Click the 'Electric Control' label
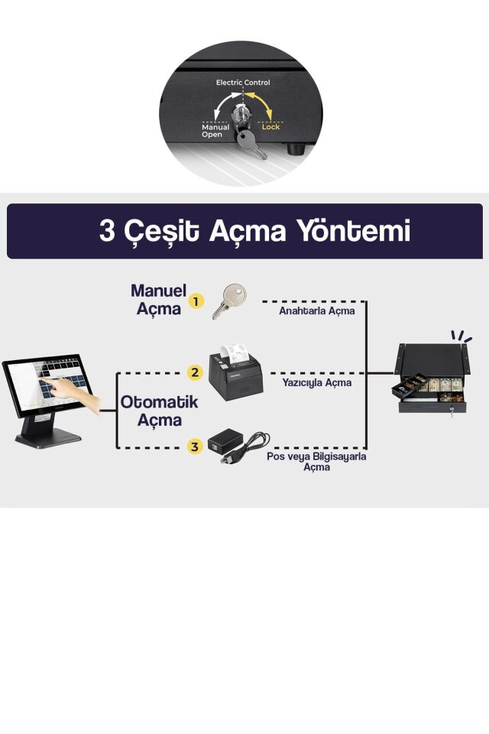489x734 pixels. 242,83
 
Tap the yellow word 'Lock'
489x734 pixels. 270,127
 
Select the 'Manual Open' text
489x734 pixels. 215,131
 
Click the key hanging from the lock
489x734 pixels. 250,142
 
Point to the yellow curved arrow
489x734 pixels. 262,106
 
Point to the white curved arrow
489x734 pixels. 224,106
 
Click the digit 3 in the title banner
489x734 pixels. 108,231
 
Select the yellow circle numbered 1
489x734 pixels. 196,301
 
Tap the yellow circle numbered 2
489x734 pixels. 196,373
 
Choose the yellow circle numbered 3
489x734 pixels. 196,447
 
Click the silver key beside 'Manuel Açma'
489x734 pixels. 228,300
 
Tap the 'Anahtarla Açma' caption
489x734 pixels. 316,310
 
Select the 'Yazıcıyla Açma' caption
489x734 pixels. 316,382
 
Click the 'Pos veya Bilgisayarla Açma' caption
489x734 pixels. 316,461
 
